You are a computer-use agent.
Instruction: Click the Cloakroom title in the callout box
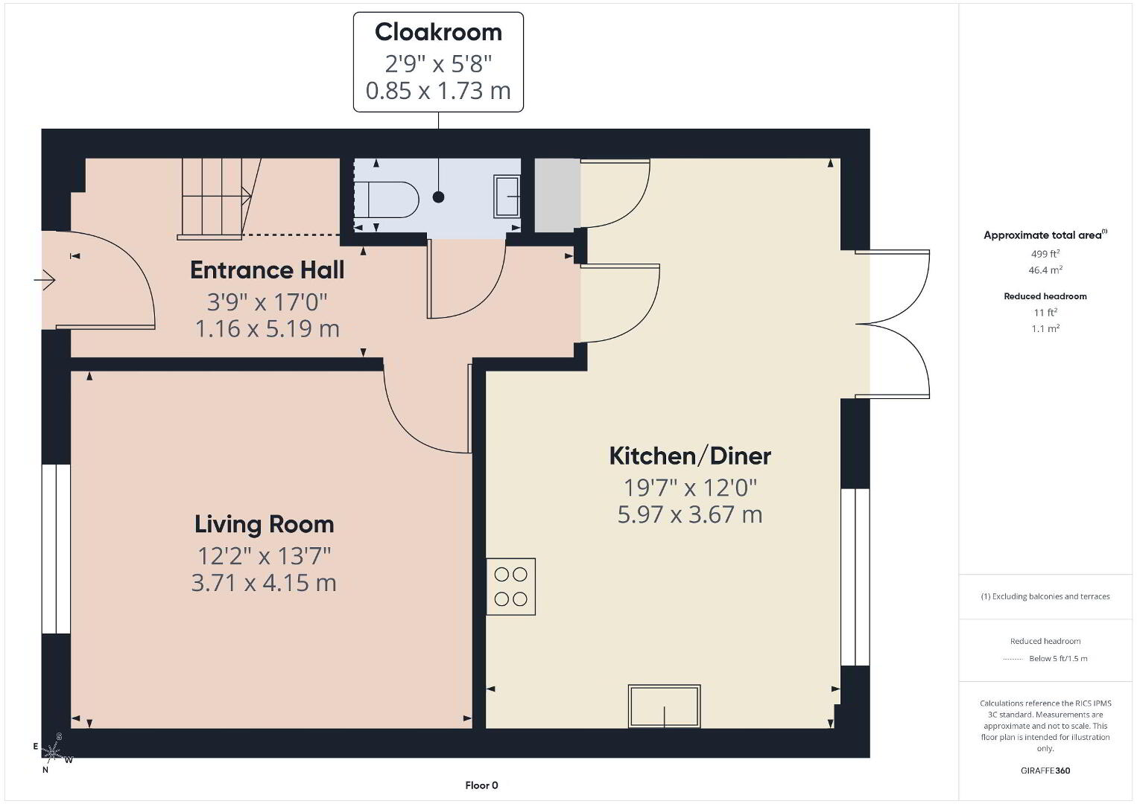(x=438, y=33)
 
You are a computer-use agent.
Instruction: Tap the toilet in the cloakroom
(x=386, y=200)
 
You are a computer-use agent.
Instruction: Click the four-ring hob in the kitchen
(x=510, y=587)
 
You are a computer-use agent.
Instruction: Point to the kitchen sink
(x=664, y=706)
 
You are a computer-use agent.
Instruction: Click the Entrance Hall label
(x=267, y=269)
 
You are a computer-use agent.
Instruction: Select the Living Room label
(x=264, y=525)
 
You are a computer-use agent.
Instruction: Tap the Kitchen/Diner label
(x=690, y=456)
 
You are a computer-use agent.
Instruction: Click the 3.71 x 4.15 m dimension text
(x=264, y=583)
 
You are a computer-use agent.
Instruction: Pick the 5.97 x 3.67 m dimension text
(x=690, y=514)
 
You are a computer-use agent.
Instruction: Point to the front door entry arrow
(x=45, y=279)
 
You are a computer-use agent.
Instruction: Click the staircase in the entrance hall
(x=219, y=199)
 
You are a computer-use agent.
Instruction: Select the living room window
(x=56, y=549)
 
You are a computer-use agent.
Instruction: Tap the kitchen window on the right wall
(x=855, y=577)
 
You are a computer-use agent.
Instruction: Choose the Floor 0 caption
(x=481, y=785)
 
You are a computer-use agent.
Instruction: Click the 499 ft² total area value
(x=1045, y=254)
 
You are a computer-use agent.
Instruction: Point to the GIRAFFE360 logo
(x=1045, y=770)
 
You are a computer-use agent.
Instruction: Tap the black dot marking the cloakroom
(x=439, y=197)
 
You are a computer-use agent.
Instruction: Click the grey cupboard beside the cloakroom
(x=557, y=195)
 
